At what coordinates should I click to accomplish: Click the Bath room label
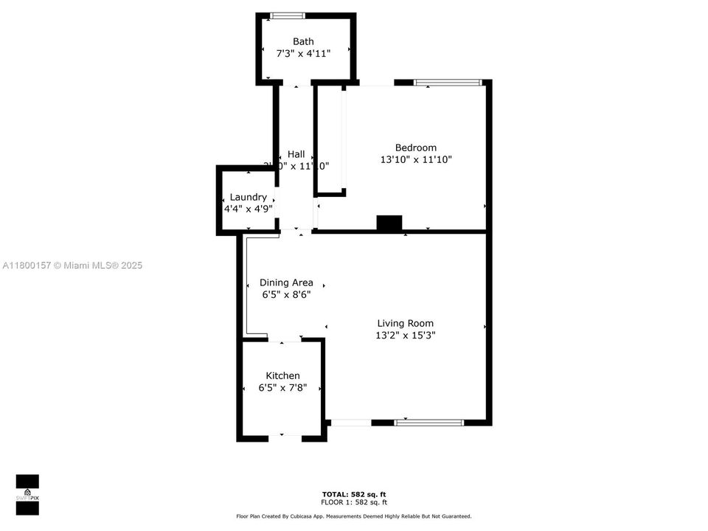pos(303,41)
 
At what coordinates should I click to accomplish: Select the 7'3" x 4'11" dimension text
pos(303,53)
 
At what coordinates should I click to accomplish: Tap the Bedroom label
pos(415,147)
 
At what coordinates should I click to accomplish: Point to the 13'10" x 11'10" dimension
pos(415,159)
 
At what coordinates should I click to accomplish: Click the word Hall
pos(296,154)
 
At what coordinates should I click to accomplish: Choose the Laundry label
pos(248,197)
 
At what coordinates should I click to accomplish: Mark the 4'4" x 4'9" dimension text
pos(249,209)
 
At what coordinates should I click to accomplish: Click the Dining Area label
pos(286,282)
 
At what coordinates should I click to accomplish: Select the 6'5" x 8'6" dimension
pos(286,294)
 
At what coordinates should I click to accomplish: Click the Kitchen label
pos(282,375)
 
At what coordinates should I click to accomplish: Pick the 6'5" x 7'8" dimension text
pos(282,387)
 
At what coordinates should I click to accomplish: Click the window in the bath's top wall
pos(288,15)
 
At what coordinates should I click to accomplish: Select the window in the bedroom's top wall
pos(448,83)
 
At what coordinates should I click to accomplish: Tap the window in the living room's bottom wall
pos(428,423)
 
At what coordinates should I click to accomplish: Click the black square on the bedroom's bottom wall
pos(389,223)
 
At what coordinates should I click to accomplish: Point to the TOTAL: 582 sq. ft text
pos(354,494)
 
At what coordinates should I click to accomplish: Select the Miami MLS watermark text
pos(72,265)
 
